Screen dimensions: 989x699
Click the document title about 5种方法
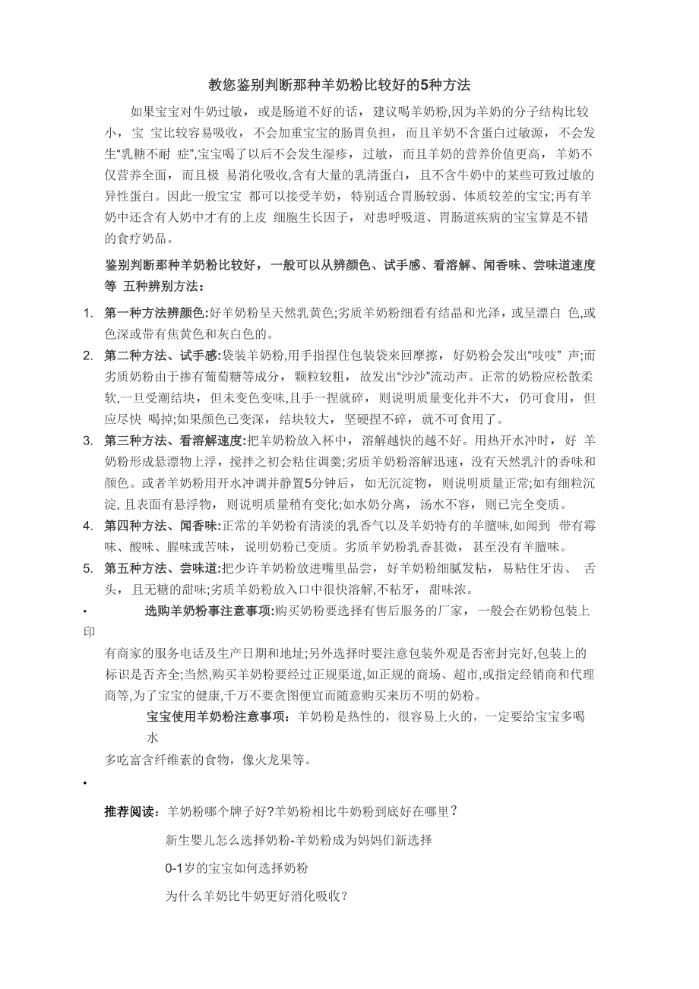(x=340, y=85)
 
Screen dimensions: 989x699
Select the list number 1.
(x=87, y=313)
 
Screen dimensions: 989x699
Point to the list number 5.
(x=87, y=568)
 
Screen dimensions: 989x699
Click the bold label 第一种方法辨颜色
(x=155, y=313)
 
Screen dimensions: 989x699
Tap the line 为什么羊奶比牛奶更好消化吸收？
(x=257, y=896)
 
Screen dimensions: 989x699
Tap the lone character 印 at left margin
(x=88, y=631)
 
